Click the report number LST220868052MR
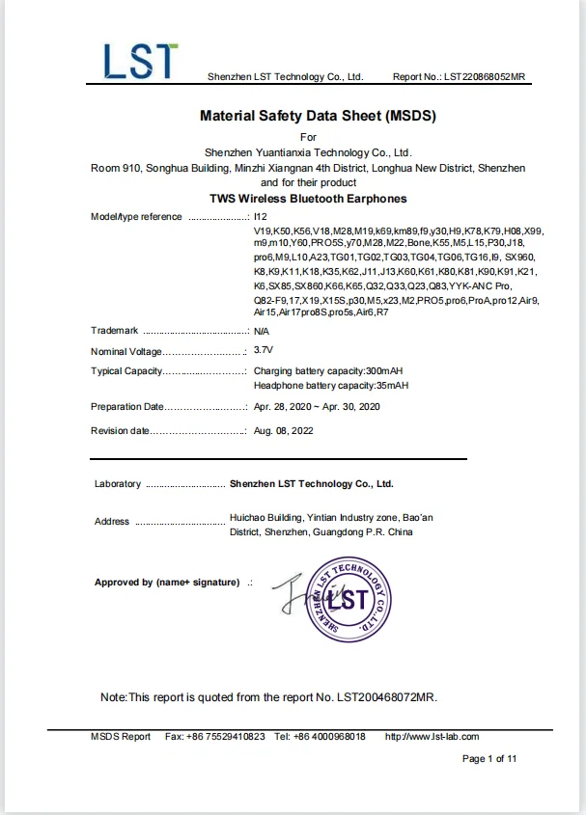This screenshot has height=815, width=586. pyautogui.click(x=485, y=76)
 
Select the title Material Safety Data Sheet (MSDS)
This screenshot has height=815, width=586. pyautogui.click(x=318, y=117)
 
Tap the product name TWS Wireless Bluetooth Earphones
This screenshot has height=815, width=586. pyautogui.click(x=308, y=199)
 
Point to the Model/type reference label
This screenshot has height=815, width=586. pyautogui.click(x=136, y=217)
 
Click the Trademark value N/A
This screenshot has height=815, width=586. pyautogui.click(x=261, y=331)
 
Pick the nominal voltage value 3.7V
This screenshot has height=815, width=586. pyautogui.click(x=263, y=351)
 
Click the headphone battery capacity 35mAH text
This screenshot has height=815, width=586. pyautogui.click(x=330, y=386)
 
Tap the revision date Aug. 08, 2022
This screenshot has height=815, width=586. pyautogui.click(x=283, y=430)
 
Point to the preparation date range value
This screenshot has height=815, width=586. pyautogui.click(x=317, y=407)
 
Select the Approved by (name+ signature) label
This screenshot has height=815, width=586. pyautogui.click(x=166, y=583)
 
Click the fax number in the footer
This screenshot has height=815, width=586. pyautogui.click(x=227, y=737)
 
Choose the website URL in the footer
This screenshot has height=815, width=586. pyautogui.click(x=432, y=737)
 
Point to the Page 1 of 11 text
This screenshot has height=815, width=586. pyautogui.click(x=489, y=759)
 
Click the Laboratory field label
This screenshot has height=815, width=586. pyautogui.click(x=117, y=484)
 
